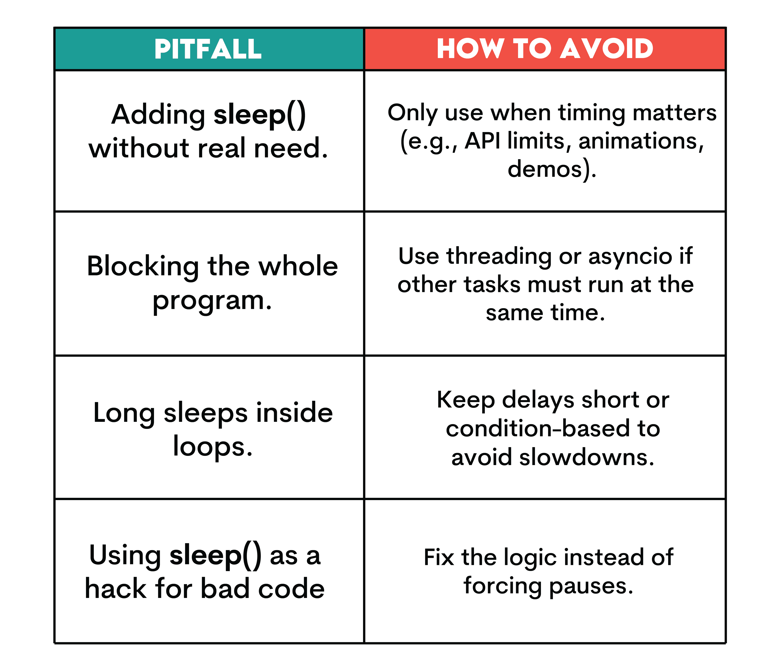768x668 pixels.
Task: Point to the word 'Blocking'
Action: point(143,267)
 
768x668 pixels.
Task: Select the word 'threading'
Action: point(499,257)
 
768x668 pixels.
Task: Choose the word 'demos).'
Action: point(552,169)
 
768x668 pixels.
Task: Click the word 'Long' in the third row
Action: point(124,413)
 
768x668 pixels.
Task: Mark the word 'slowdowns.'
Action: point(587,457)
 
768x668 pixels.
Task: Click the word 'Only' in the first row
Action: point(413,113)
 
